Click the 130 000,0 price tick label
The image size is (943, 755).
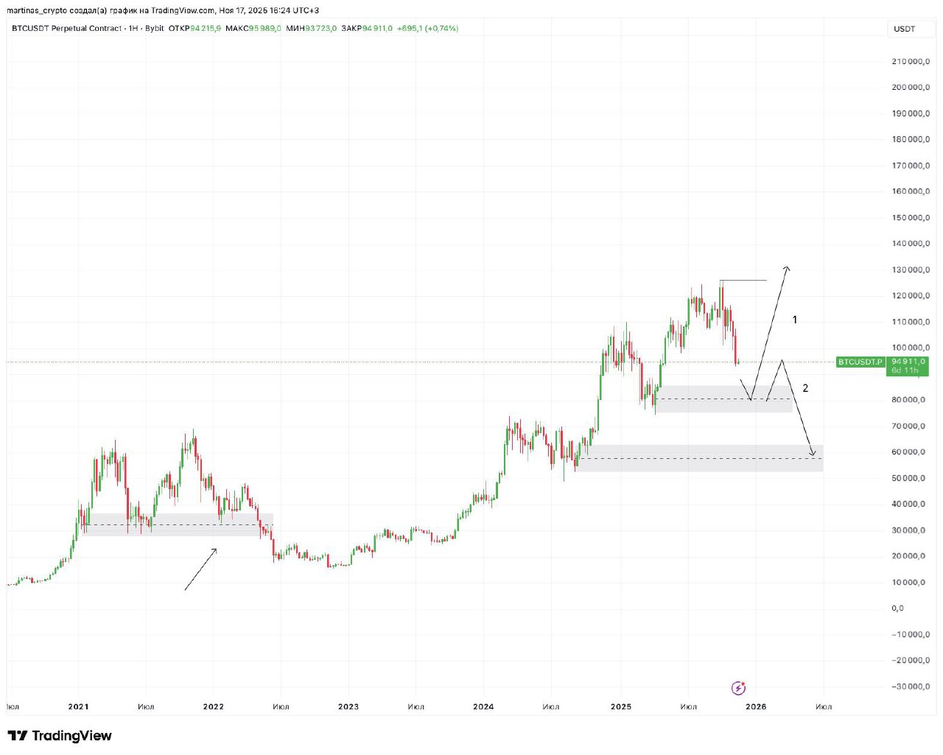pyautogui.click(x=911, y=270)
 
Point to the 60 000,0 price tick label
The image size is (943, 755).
pyautogui.click(x=911, y=452)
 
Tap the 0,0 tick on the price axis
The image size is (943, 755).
pyautogui.click(x=897, y=608)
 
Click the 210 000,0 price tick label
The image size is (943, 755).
pyautogui.click(x=911, y=61)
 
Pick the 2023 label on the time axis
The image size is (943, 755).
pyautogui.click(x=348, y=706)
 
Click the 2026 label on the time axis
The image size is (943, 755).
pyautogui.click(x=756, y=706)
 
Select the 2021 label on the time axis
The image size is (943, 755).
pyautogui.click(x=78, y=706)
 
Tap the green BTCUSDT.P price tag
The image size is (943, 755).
pyautogui.click(x=860, y=362)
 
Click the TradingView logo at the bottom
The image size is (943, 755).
pyautogui.click(x=60, y=736)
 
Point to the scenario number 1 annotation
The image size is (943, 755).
pyautogui.click(x=794, y=320)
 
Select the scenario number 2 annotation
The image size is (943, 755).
pyautogui.click(x=805, y=388)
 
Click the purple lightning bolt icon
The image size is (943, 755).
pyautogui.click(x=738, y=688)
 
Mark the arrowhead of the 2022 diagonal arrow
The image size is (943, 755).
pyautogui.click(x=215, y=549)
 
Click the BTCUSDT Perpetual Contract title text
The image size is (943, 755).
pyautogui.click(x=66, y=29)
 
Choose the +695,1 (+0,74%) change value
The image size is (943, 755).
pyautogui.click(x=427, y=29)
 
